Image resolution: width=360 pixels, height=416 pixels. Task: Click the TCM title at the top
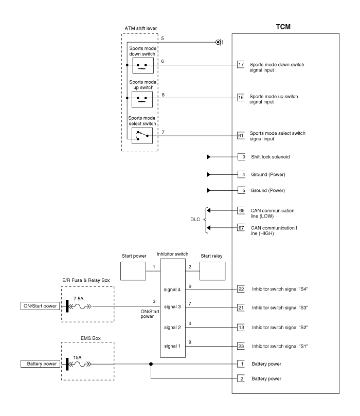(x=283, y=27)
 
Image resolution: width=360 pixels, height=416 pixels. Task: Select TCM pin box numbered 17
(x=241, y=64)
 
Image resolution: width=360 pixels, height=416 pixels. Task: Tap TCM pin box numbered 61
(x=241, y=136)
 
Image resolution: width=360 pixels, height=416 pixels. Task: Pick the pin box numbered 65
(x=241, y=211)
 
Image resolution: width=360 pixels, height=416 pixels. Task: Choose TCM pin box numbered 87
(x=241, y=228)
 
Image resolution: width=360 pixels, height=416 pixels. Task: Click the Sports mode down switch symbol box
(x=143, y=65)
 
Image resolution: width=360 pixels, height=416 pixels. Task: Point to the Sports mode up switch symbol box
(x=142, y=99)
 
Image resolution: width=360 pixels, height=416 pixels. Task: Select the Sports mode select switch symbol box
(x=142, y=136)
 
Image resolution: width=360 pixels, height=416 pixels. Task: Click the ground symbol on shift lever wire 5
(x=220, y=42)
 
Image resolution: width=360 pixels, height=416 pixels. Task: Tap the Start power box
(x=133, y=271)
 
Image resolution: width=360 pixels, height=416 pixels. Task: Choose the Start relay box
(x=212, y=271)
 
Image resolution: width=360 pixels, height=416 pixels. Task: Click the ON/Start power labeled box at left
(x=40, y=306)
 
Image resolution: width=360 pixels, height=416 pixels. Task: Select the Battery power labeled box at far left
(x=40, y=364)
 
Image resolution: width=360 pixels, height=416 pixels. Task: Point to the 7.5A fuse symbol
(x=79, y=306)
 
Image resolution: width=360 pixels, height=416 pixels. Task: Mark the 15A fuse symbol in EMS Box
(x=79, y=364)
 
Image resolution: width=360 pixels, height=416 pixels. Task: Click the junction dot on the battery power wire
(x=151, y=364)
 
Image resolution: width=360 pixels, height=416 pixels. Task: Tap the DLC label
(x=195, y=220)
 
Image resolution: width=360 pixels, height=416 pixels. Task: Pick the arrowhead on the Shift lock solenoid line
(x=208, y=157)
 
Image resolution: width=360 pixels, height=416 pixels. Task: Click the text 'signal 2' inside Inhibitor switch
(x=172, y=328)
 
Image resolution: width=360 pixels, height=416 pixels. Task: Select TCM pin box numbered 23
(x=241, y=346)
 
